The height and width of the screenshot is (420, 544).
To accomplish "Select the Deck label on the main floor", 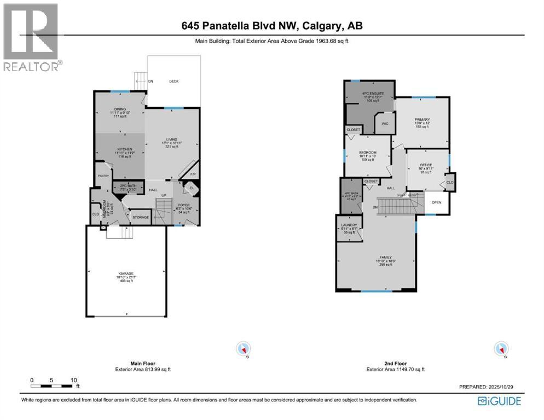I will [173, 81].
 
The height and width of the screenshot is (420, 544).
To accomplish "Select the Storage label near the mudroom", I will [141, 217].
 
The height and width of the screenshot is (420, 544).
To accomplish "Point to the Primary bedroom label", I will [422, 119].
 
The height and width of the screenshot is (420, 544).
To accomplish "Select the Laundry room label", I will [349, 225].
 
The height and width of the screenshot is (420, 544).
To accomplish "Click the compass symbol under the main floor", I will [244, 348].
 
